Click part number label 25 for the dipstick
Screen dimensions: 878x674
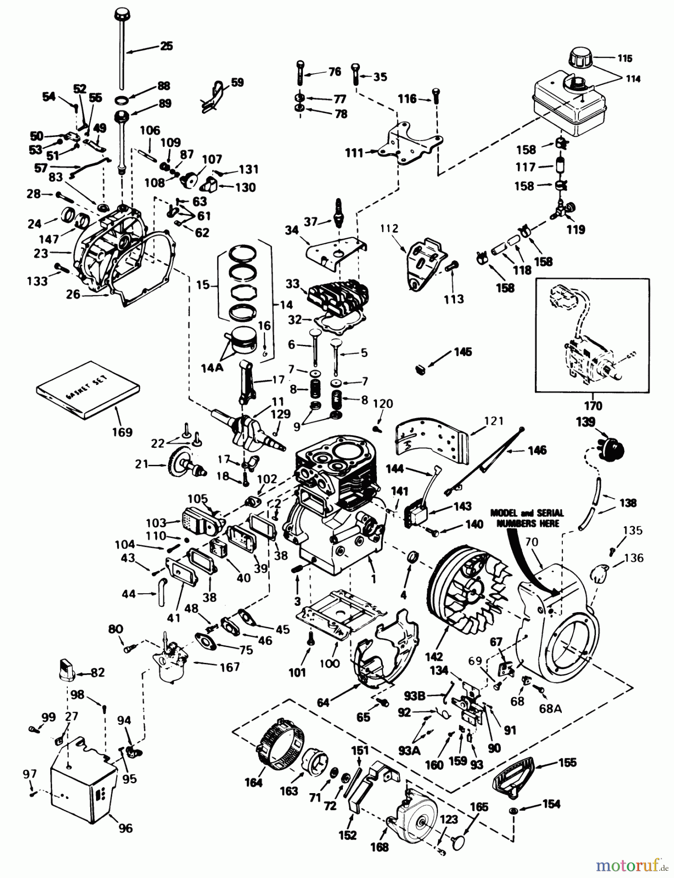click(166, 46)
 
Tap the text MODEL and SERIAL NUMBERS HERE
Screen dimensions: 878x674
click(527, 517)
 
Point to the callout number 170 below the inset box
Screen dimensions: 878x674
click(593, 405)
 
